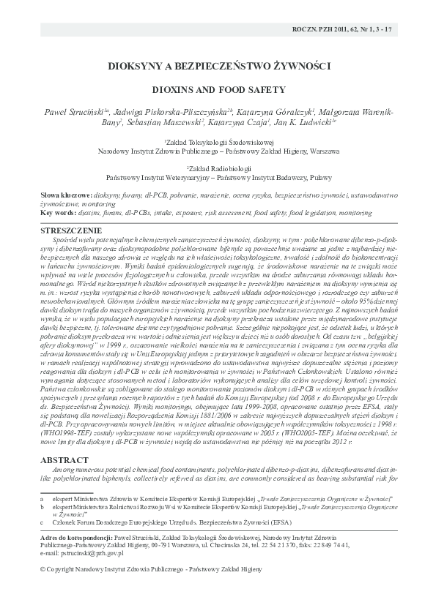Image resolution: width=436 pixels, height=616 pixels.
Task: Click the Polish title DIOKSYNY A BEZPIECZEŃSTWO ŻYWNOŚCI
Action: (x=218, y=66)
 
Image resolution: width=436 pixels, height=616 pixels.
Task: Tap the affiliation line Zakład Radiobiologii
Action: (x=218, y=168)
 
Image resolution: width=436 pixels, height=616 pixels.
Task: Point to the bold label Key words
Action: (x=58, y=212)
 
